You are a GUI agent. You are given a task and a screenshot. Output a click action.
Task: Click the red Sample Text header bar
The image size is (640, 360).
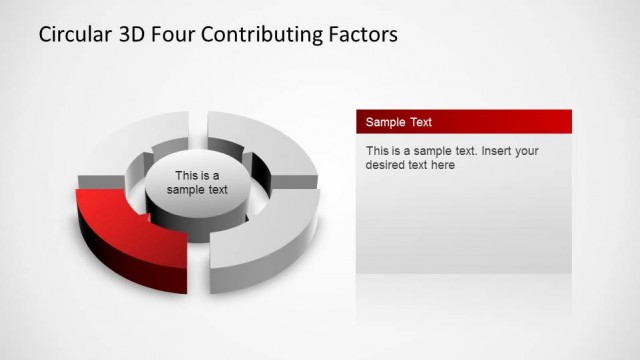point(464,122)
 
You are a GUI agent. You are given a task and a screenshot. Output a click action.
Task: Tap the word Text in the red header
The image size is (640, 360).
point(421,122)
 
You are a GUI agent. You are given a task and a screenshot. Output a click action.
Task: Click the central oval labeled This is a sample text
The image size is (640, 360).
point(197,183)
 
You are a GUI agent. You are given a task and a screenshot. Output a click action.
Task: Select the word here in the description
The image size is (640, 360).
point(441,165)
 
